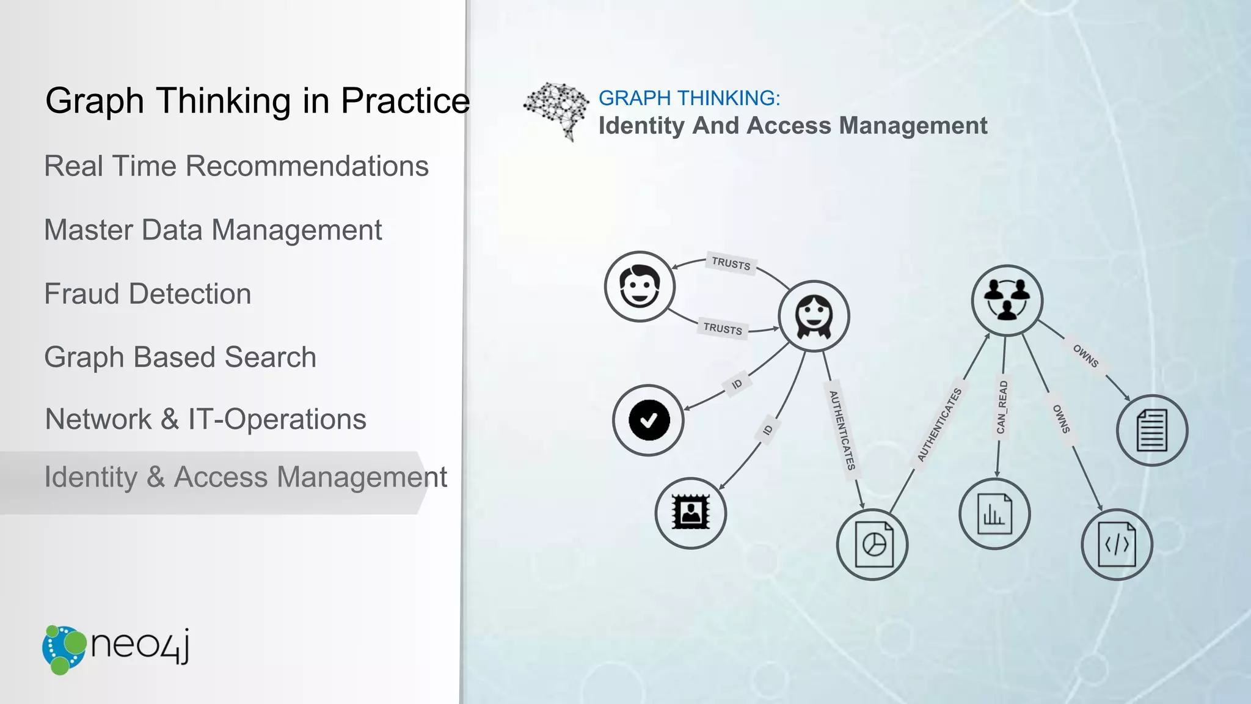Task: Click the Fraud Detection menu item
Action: (148, 294)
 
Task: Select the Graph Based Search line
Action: (180, 358)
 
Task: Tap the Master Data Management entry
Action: (213, 230)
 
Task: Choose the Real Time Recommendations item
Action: (236, 166)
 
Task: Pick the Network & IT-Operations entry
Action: (206, 420)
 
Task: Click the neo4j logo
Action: (116, 649)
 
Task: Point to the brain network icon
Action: (556, 110)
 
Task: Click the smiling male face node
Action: (640, 286)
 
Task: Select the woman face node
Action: (814, 316)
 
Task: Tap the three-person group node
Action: (1007, 300)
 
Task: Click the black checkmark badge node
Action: (648, 420)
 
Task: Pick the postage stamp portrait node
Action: (690, 513)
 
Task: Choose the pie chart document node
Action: (872, 544)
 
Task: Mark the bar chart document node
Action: (994, 514)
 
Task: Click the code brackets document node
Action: (1117, 544)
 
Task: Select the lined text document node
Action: (1151, 430)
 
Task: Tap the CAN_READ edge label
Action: (1002, 408)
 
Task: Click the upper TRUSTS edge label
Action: (731, 264)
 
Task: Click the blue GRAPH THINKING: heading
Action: (689, 98)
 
